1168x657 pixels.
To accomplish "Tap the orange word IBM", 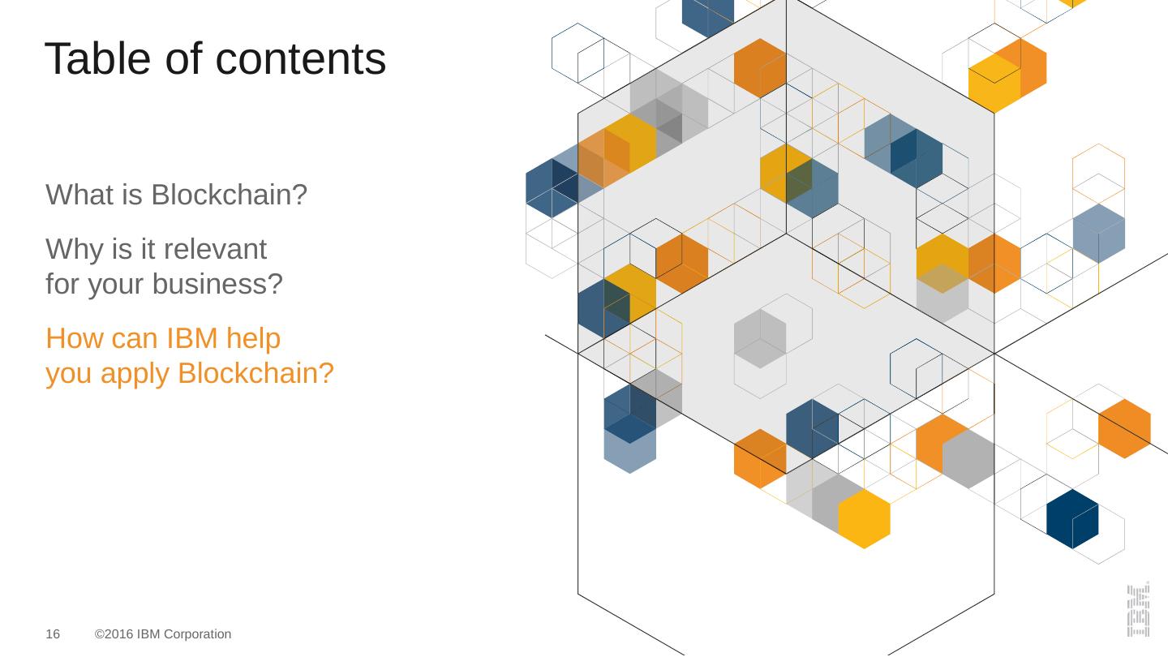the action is click(192, 339).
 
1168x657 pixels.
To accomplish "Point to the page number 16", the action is click(53, 634).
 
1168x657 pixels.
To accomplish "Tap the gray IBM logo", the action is click(1138, 608).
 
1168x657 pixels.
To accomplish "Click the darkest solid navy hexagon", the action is click(1072, 518).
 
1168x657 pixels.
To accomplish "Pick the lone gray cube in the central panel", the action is click(760, 339).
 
